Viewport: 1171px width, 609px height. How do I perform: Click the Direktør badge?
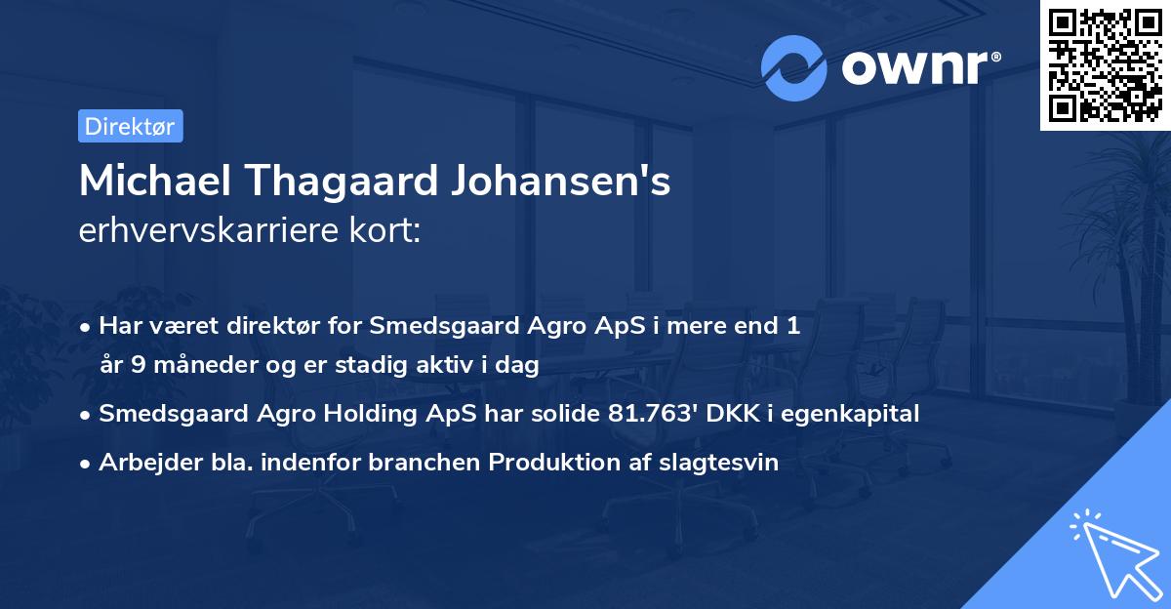130,126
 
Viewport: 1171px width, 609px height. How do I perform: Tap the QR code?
1104,64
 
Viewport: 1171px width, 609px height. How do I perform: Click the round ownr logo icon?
794,67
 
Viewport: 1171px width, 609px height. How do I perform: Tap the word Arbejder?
143,463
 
